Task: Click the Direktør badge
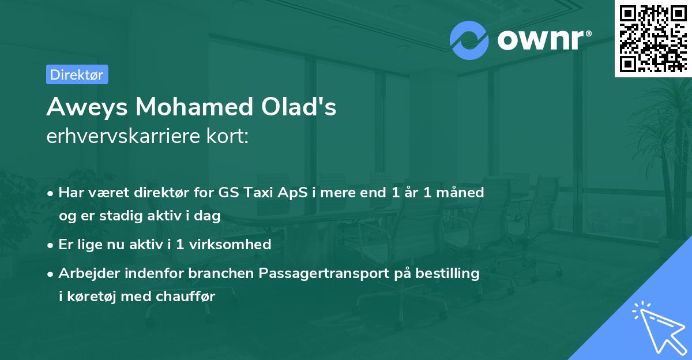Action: click(77, 74)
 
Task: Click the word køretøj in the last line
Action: click(89, 297)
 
